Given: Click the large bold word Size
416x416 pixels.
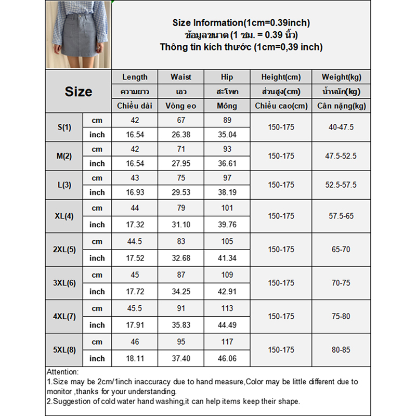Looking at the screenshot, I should pyautogui.click(x=79, y=92).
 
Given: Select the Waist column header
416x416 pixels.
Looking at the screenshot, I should pyautogui.click(x=180, y=77).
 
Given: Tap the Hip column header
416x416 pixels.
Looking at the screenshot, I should pyautogui.click(x=227, y=77).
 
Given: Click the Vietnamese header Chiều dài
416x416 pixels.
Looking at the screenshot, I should pyautogui.click(x=135, y=106).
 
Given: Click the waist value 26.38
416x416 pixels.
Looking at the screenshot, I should pyautogui.click(x=180, y=135).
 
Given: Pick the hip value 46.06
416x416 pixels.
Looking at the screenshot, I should pyautogui.click(x=227, y=358).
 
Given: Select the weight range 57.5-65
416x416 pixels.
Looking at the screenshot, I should pyautogui.click(x=341, y=216).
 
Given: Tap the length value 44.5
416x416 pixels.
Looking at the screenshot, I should pyautogui.click(x=135, y=242).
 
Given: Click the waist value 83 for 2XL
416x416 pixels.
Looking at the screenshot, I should pyautogui.click(x=180, y=242).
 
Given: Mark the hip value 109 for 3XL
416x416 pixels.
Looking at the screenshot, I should pyautogui.click(x=227, y=275).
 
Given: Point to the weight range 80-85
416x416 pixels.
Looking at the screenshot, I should pyautogui.click(x=341, y=350).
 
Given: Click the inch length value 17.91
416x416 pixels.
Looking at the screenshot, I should pyautogui.click(x=135, y=325).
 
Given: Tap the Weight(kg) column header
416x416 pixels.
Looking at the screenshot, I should pyautogui.click(x=341, y=77).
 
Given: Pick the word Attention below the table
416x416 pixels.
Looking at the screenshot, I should pyautogui.click(x=62, y=372).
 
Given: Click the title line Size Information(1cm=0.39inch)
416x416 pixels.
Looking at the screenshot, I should pyautogui.click(x=241, y=23).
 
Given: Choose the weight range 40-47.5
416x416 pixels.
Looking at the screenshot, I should pyautogui.click(x=341, y=127).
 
